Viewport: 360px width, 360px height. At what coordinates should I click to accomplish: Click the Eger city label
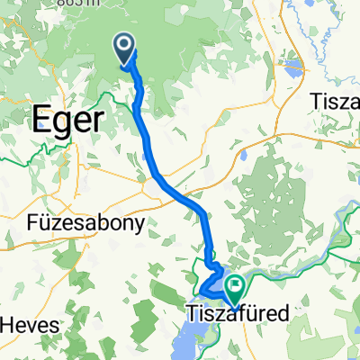68,119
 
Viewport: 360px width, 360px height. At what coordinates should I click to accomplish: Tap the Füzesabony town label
87,226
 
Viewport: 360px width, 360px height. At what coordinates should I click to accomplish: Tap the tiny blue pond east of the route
244,155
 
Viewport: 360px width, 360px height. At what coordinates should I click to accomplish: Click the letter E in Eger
42,119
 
